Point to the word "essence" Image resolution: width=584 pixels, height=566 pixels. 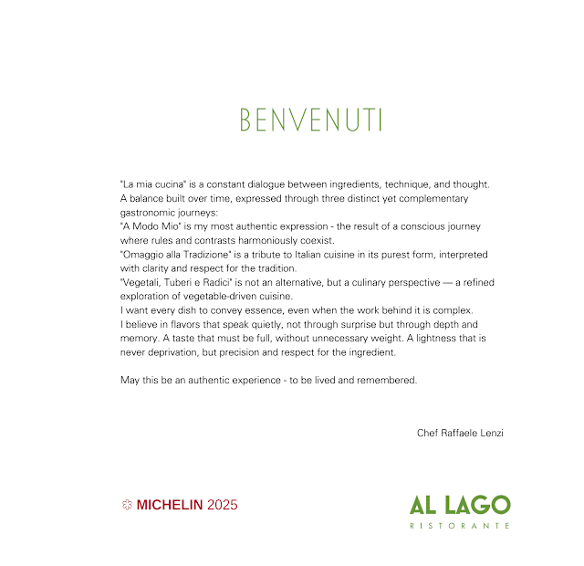pos(265,310)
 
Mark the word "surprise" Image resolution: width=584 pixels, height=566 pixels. pos(349,325)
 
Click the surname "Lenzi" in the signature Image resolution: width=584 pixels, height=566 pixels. pos(489,433)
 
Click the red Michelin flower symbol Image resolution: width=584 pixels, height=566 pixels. pos(127,504)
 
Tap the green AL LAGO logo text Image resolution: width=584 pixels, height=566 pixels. pos(459,505)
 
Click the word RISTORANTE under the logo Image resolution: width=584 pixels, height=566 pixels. pos(459,526)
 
